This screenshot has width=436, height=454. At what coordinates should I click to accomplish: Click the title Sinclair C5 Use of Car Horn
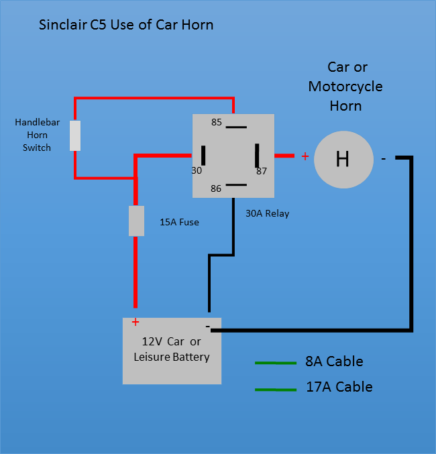click(127, 25)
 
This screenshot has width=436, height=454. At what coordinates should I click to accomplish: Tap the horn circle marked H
click(343, 159)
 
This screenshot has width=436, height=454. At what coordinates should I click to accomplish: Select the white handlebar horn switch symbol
click(75, 135)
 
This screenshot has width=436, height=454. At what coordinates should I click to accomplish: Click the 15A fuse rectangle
click(136, 221)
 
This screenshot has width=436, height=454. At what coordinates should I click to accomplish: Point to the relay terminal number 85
click(217, 122)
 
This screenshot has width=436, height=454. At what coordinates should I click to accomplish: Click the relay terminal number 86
click(216, 188)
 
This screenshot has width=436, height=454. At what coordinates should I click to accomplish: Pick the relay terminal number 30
click(197, 170)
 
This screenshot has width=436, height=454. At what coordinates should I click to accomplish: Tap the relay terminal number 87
click(261, 171)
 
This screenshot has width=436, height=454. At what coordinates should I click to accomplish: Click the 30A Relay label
click(268, 213)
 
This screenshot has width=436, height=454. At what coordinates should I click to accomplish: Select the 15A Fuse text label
click(179, 222)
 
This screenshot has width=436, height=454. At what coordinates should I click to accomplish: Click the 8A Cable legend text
click(334, 361)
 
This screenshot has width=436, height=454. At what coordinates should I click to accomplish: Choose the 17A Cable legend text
click(339, 387)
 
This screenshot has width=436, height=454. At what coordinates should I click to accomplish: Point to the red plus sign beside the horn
click(305, 156)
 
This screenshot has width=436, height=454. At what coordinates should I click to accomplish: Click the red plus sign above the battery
click(135, 321)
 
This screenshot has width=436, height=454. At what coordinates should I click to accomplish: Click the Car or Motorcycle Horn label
click(345, 87)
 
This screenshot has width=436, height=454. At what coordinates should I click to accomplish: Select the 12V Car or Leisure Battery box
click(172, 350)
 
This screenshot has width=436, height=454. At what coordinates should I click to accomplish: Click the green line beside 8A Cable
click(275, 363)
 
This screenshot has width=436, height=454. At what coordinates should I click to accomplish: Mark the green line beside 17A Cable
click(275, 389)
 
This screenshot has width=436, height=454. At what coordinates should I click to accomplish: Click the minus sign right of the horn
click(383, 159)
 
